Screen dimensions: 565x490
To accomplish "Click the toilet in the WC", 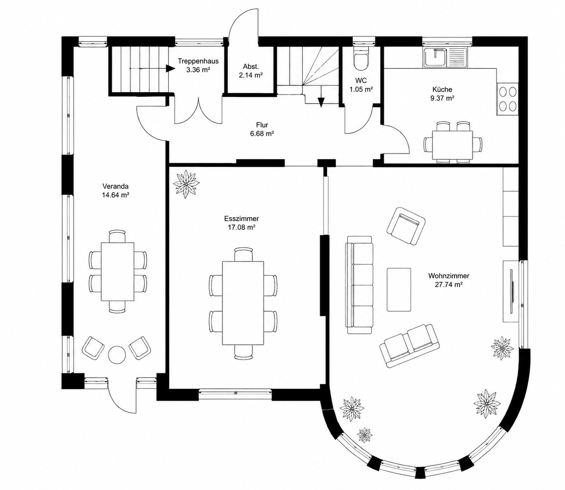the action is pos(361,59).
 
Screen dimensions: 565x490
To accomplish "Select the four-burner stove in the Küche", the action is pos(508,99).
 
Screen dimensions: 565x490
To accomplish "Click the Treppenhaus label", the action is pos(198,61).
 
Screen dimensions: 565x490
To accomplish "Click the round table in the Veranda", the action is pos(117,354).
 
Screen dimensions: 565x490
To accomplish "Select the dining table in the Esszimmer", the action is pos(243,303).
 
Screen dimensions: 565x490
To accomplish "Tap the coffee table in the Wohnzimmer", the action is pos(399,289).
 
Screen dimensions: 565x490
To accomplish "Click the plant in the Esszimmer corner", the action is pos(186,184).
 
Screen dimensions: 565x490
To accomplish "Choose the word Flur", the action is pos(262,125).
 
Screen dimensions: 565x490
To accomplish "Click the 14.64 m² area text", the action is pos(116,195).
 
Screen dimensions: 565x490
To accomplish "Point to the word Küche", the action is pos(442,89).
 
